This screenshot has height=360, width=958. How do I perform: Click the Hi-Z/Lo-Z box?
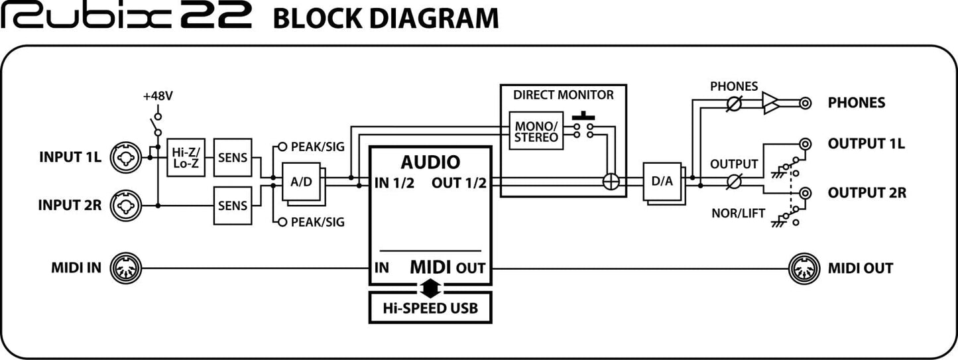(x=186, y=158)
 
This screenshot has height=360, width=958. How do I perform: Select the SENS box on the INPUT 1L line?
(x=233, y=158)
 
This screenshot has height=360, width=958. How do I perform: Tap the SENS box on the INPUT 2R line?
(x=233, y=205)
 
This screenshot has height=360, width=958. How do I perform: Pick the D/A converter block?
(x=662, y=181)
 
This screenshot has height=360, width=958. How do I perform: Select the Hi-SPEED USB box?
(x=430, y=308)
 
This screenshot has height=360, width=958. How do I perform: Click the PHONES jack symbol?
(x=806, y=103)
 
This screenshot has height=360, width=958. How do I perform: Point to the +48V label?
(x=158, y=96)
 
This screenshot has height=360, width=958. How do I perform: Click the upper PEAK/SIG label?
(x=318, y=147)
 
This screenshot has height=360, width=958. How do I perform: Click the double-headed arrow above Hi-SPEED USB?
(x=430, y=287)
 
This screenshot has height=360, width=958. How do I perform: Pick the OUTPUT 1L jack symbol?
(x=806, y=144)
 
